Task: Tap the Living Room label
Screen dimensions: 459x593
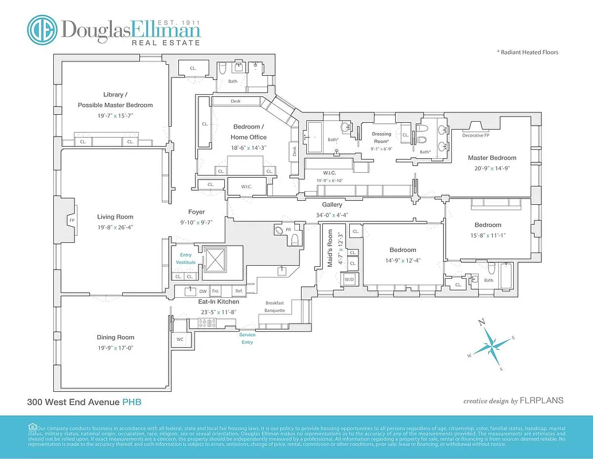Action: [x=115, y=217]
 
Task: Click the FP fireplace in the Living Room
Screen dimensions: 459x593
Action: [x=72, y=220]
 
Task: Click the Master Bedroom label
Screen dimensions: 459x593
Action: [x=491, y=158]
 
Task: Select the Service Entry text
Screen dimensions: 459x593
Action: [x=247, y=339]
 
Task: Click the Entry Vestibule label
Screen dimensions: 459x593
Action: [x=186, y=259]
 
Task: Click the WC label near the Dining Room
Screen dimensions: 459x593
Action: [x=180, y=339]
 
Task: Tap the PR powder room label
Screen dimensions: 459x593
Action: [x=288, y=229]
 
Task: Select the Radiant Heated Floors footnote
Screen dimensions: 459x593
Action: [x=527, y=52]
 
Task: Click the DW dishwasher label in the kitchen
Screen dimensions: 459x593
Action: [x=202, y=291]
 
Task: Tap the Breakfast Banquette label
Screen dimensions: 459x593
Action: [x=274, y=307]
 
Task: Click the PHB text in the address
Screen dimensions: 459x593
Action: [x=131, y=402]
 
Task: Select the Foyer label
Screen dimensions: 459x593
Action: [x=197, y=212]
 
